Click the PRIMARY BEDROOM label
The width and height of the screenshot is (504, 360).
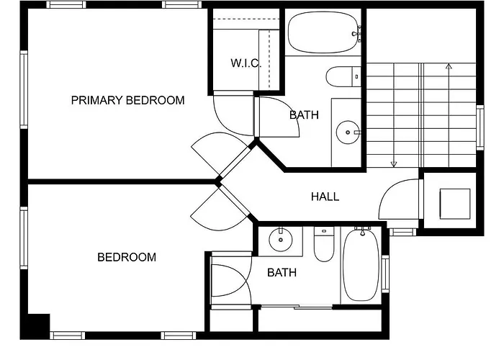click(127, 100)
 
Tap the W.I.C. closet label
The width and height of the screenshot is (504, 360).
click(246, 63)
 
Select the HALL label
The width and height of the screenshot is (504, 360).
click(325, 197)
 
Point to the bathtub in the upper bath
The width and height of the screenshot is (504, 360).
click(323, 32)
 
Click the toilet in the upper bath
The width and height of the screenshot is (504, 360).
click(343, 76)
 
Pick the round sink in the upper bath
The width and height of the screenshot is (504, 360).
click(348, 132)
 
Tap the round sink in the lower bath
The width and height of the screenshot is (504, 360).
click(281, 240)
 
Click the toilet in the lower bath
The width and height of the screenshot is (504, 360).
click(324, 244)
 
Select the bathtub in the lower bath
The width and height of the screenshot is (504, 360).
click(361, 265)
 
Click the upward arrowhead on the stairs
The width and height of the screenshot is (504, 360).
click(449, 66)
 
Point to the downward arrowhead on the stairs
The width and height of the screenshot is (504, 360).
click(394, 164)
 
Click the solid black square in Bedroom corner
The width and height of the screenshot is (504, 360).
click(39, 323)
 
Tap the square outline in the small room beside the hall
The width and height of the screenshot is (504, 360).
click(455, 204)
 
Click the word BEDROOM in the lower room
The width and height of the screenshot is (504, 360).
click(127, 257)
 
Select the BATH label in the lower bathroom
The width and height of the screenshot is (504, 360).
click(282, 273)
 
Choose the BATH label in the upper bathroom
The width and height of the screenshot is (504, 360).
click(304, 114)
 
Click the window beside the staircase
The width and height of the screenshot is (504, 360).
click(480, 127)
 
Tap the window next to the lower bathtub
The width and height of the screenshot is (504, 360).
click(385, 274)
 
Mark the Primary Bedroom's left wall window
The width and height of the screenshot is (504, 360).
click(24, 90)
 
